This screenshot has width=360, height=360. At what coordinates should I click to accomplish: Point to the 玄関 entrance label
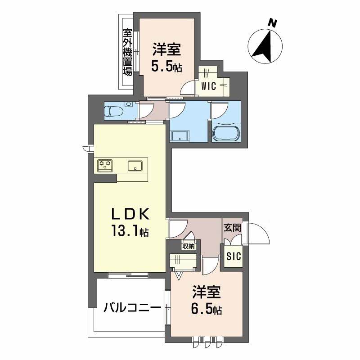tap(233, 228)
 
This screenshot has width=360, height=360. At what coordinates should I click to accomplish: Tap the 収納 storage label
tap(189, 246)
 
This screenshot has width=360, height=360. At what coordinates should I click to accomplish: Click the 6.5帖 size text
tap(207, 310)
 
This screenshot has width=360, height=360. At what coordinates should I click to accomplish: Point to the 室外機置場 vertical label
tap(127, 52)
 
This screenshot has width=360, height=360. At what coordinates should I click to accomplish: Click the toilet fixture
tap(114, 110)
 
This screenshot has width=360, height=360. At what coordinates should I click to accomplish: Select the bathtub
tap(227, 134)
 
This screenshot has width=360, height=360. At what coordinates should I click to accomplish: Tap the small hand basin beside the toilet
tap(129, 104)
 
